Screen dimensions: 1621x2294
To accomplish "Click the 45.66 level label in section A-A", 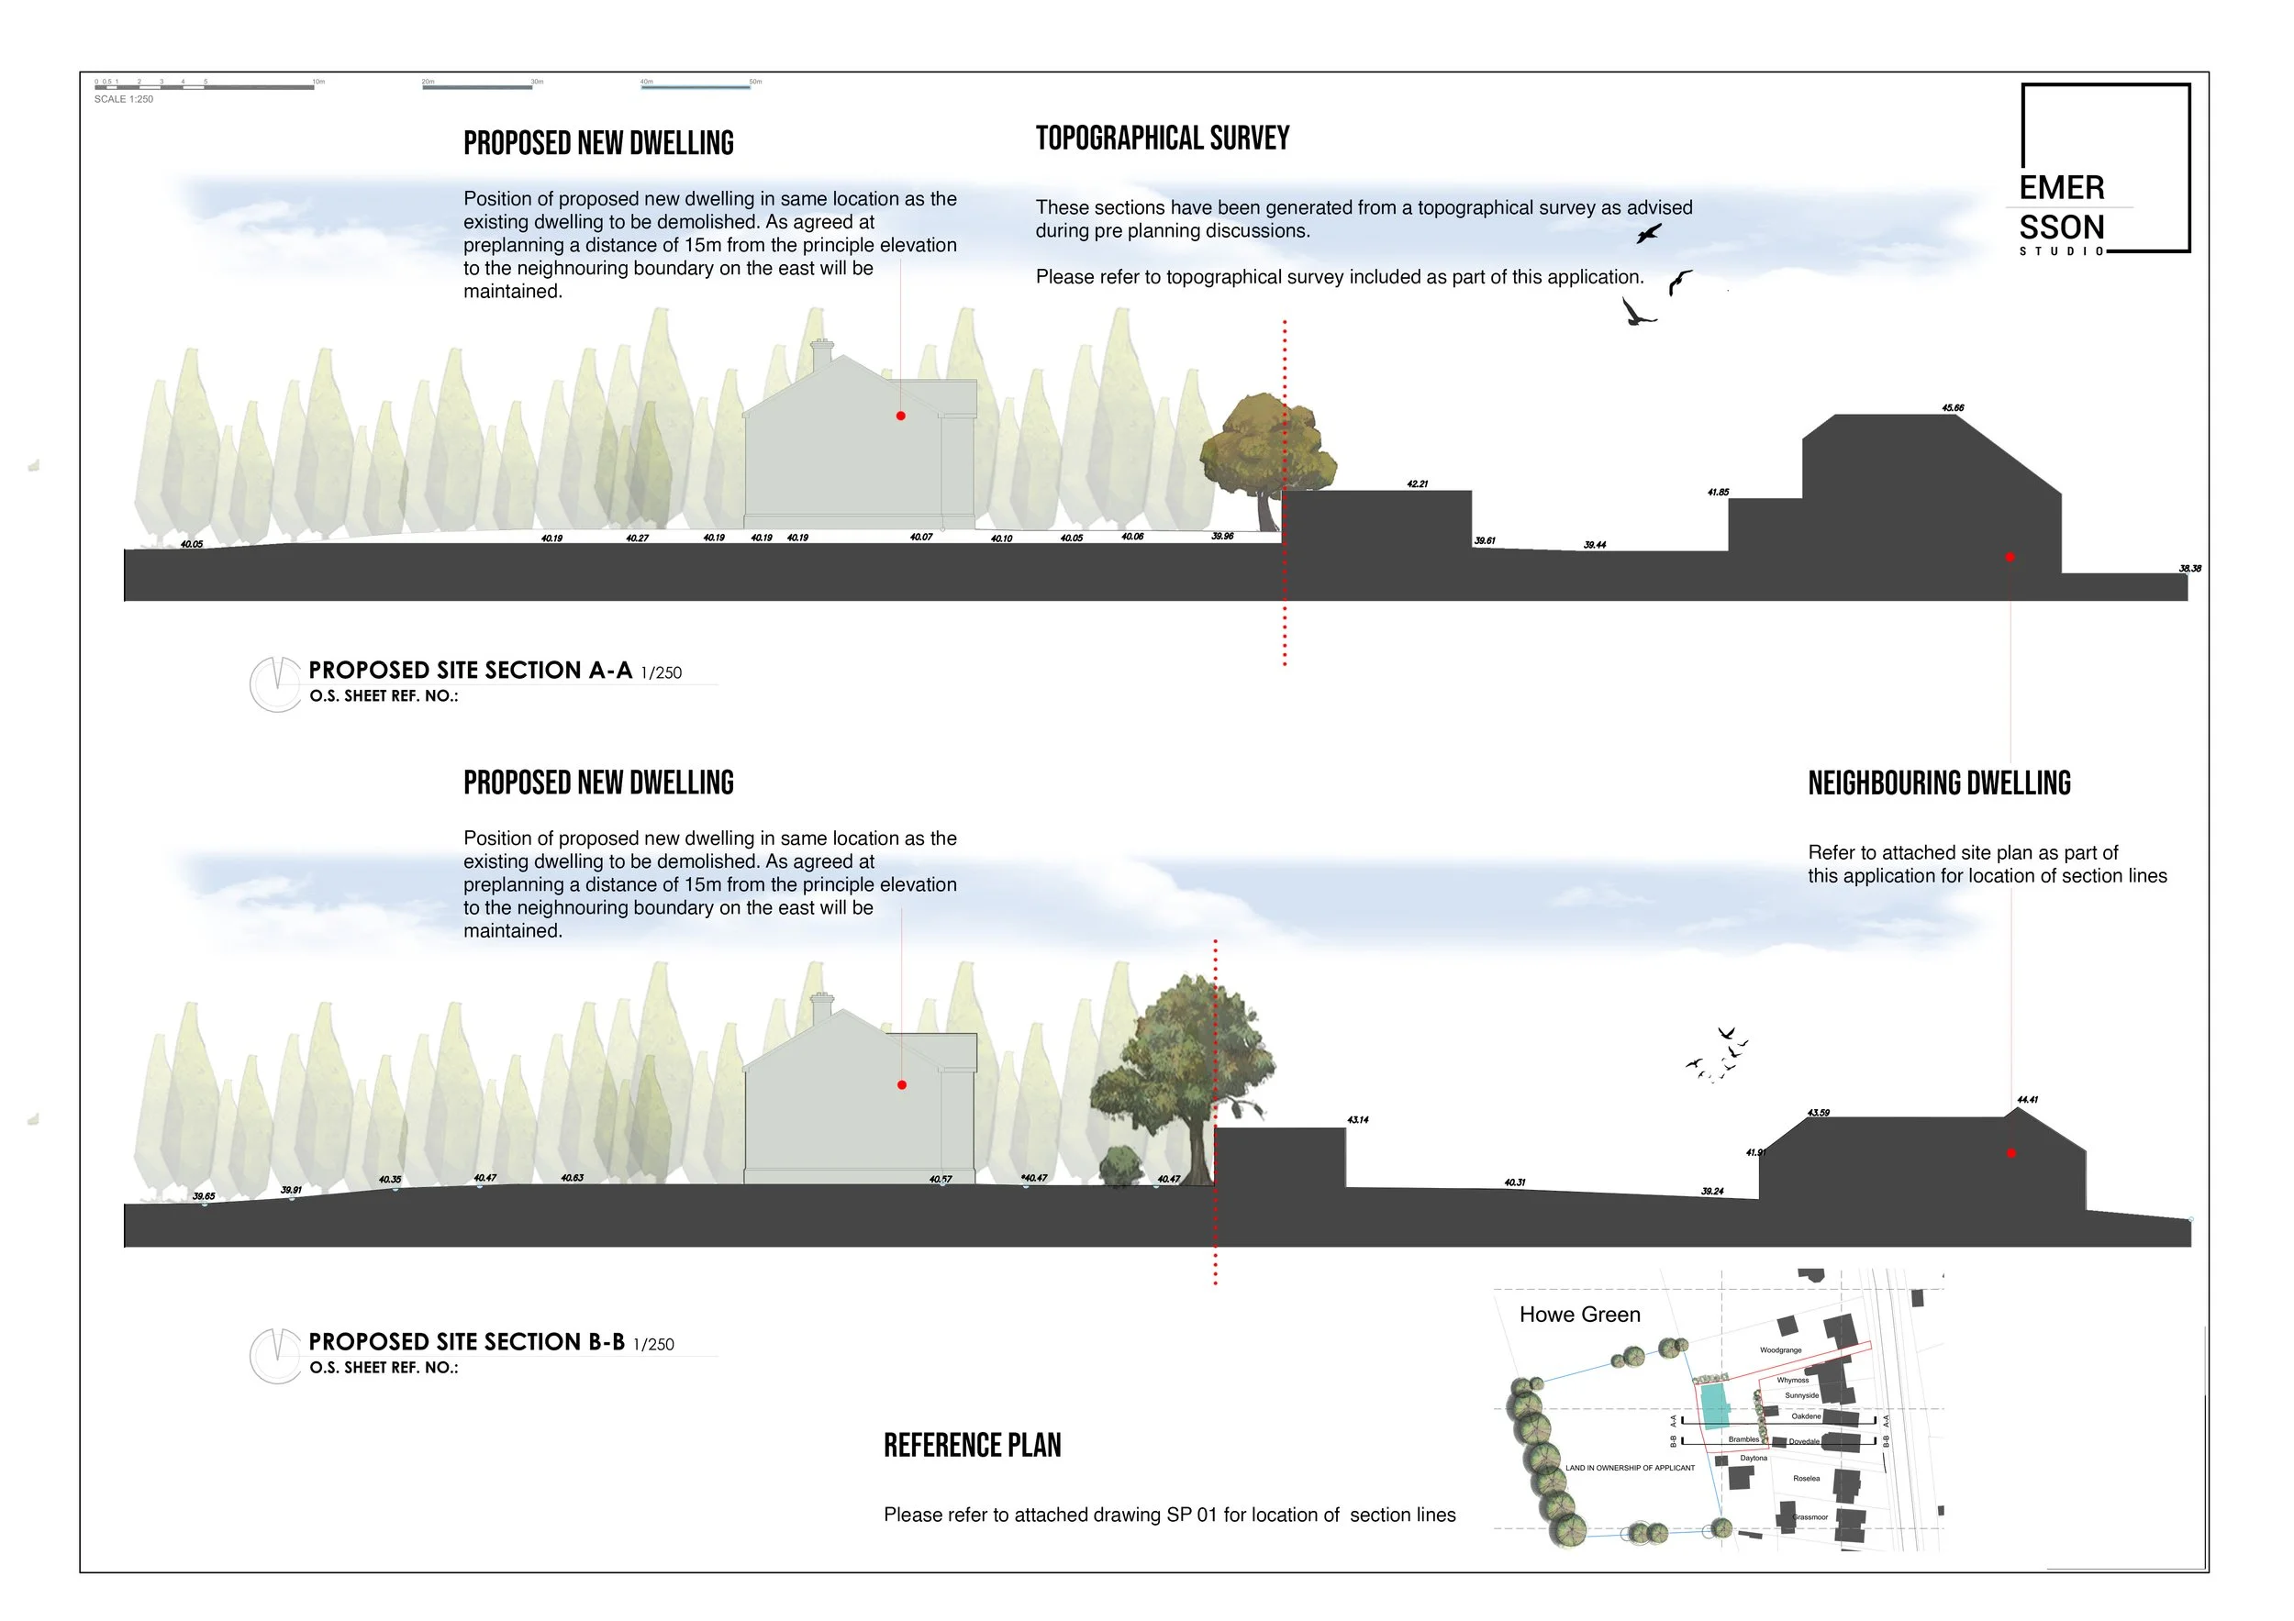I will (x=1953, y=407).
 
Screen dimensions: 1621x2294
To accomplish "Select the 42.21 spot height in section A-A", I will (x=1417, y=484).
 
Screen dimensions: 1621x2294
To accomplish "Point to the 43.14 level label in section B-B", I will (x=1358, y=1119).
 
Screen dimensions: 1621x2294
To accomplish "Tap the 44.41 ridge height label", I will (x=2027, y=1100).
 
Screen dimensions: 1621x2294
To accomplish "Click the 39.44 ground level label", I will (x=1595, y=545).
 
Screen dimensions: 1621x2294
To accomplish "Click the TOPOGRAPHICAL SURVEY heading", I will (x=1162, y=138).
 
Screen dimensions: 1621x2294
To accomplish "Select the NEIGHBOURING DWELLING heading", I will (x=1938, y=783).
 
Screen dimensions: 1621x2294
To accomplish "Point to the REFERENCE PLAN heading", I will (x=972, y=1445).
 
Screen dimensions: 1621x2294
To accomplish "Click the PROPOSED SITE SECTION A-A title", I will (x=470, y=671).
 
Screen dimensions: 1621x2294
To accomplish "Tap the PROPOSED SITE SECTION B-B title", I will (x=465, y=1341).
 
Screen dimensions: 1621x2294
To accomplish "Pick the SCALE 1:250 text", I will (x=124, y=100).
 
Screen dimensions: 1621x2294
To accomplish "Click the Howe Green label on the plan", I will (x=1579, y=1315).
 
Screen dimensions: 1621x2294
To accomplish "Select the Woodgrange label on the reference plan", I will (x=1780, y=1350).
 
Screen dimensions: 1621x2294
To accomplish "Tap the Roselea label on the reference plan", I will (x=1806, y=1478).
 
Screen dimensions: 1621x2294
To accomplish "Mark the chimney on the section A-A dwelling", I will (x=821, y=353).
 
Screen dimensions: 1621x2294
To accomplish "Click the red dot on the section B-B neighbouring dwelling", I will (x=2011, y=1153).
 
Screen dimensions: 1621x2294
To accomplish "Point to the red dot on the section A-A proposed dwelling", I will (x=900, y=416).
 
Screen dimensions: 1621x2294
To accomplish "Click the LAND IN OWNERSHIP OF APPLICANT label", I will (x=1630, y=1468).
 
